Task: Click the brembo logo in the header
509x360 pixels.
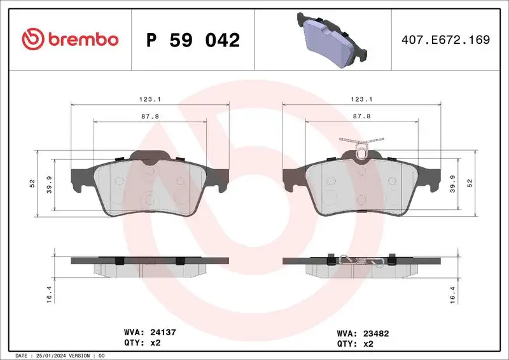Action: pos(70,39)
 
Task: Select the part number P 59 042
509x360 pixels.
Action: pos(193,40)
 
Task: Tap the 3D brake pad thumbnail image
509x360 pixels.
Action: pos(327,39)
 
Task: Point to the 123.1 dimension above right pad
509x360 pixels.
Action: pos(361,99)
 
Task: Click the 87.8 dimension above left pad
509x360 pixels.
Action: pos(150,116)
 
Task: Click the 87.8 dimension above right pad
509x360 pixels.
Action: pos(361,116)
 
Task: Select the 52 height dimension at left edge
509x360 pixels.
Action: pos(32,183)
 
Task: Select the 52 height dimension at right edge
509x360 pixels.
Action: pos(470,183)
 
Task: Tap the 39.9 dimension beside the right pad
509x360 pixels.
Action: pos(452,184)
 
